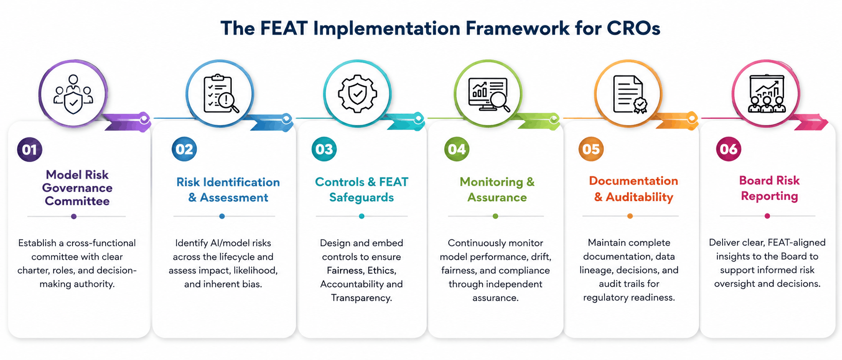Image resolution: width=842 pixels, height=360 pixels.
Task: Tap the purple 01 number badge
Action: (x=30, y=149)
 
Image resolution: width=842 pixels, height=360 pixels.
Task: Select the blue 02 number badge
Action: (x=184, y=149)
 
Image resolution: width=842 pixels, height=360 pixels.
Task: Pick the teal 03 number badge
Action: (x=324, y=149)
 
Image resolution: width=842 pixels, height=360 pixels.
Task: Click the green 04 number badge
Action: (x=457, y=149)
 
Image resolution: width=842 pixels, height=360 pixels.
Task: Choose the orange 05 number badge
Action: (x=591, y=149)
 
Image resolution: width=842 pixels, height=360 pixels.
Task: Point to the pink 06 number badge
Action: (x=729, y=149)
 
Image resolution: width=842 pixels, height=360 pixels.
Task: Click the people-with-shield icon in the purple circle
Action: (x=73, y=94)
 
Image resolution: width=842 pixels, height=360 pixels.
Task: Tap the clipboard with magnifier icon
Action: (x=221, y=94)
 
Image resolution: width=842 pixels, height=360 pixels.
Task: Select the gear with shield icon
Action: (x=357, y=94)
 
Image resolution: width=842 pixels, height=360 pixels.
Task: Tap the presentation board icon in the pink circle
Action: (x=767, y=94)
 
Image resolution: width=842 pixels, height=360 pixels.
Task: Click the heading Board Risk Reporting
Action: (x=769, y=188)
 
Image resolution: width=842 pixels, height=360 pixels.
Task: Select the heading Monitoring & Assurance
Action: (x=497, y=190)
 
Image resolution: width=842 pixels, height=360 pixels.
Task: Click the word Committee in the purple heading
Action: (x=77, y=201)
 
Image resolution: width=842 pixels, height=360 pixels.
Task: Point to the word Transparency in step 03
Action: (x=361, y=298)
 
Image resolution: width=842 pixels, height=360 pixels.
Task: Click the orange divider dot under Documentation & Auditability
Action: (x=630, y=216)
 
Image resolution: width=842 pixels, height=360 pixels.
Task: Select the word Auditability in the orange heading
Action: (x=639, y=197)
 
